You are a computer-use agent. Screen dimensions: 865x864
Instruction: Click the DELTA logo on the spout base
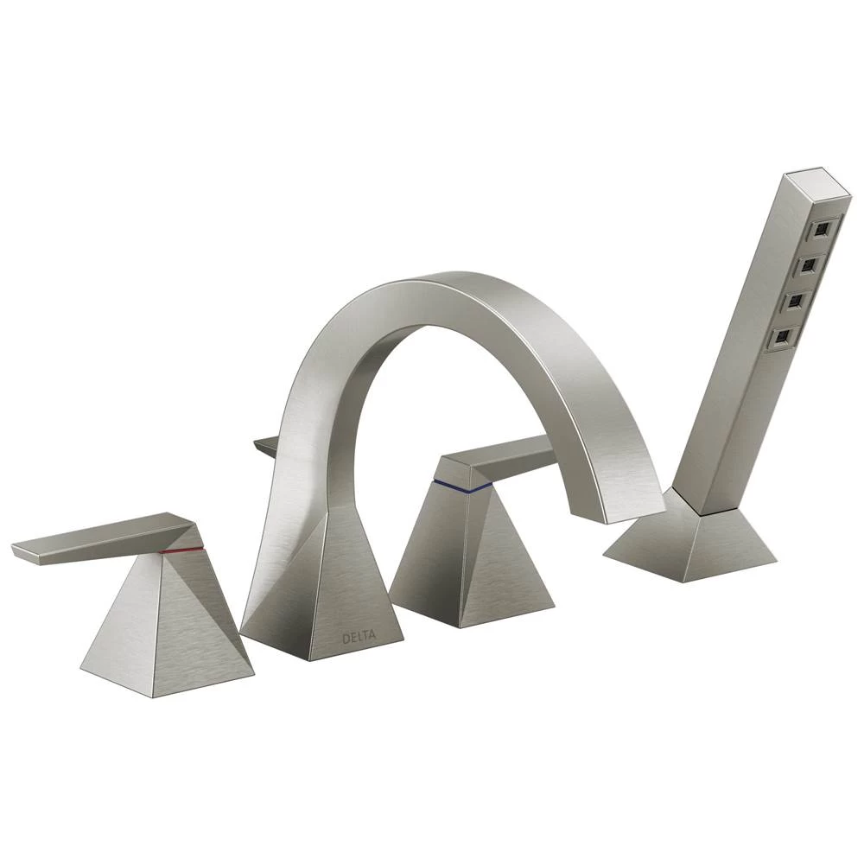pos(359,639)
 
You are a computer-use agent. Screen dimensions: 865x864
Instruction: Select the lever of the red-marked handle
pos(104,539)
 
